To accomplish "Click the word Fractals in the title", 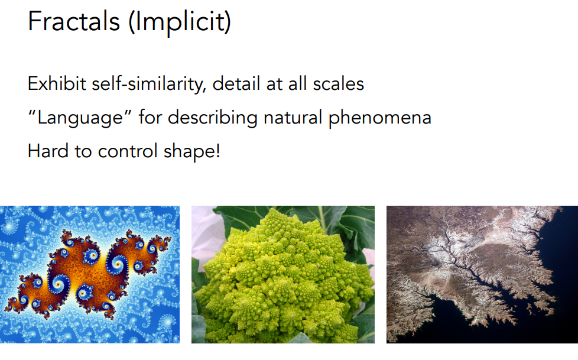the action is tap(74, 21).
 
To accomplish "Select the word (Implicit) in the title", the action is tap(180, 22).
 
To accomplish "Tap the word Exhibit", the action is tap(57, 83).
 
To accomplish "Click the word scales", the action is tap(339, 84).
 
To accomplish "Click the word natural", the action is tap(293, 118).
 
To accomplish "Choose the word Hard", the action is tap(48, 151).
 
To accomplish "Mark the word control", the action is tap(128, 151).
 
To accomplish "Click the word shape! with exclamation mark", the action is tap(191, 151).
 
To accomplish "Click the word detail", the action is tap(236, 83).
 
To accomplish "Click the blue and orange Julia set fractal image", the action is tap(90, 274).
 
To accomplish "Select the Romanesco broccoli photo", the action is tap(282, 274).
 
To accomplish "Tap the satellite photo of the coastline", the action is tap(482, 274).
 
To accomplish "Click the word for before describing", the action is tap(150, 118).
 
